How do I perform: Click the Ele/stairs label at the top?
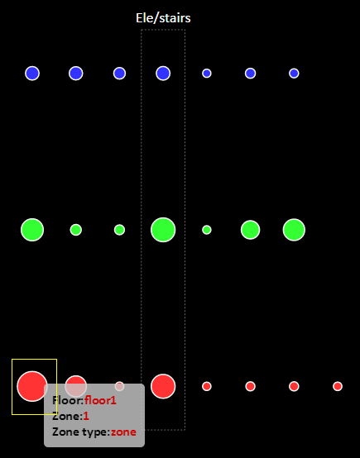coord(163,18)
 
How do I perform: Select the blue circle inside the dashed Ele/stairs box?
coord(163,74)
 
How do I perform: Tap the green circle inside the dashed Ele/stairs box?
coord(163,230)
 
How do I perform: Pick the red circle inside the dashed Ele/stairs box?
coord(163,386)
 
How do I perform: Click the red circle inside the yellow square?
coord(32,386)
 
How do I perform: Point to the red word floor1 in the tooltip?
coord(100,400)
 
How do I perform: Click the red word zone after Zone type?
coord(123,432)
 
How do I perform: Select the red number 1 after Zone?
coord(86,416)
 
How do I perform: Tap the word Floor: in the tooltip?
coord(68,400)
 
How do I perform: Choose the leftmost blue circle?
coord(32,74)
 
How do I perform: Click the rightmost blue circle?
coord(294,74)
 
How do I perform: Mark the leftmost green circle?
coord(32,230)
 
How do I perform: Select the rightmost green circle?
coord(294,230)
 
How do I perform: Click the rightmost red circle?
coord(338,386)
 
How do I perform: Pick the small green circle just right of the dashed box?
coord(207,230)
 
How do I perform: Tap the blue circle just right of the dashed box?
coord(207,74)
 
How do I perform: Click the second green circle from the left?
coord(76,230)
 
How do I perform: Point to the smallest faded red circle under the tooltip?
coord(119,386)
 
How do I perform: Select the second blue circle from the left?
coord(76,74)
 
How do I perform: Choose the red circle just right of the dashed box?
coord(207,386)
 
